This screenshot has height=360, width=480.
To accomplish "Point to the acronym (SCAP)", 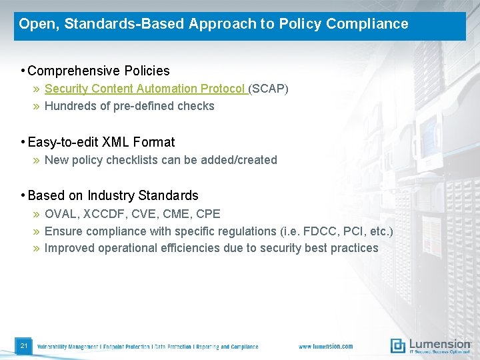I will pos(269,89).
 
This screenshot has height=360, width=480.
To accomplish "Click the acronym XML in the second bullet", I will pos(116,142).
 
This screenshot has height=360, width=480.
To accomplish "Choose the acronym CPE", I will pos(208,214).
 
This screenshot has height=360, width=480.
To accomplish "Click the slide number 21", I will pos(23,346).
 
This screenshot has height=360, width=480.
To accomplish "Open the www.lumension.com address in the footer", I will pos(326,347).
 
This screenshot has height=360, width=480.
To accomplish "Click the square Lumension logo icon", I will pos(397,345).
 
